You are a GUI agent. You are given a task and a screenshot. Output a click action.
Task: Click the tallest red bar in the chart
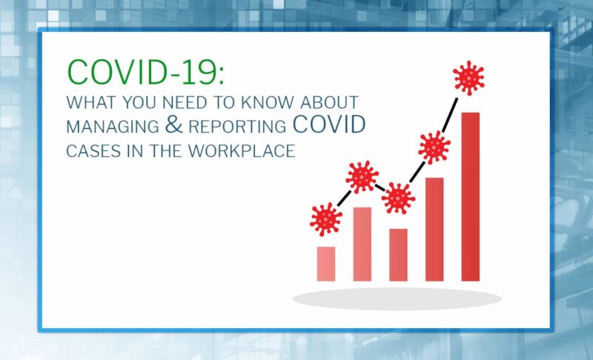coord(471,196)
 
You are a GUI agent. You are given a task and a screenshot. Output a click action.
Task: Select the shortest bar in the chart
coord(326,264)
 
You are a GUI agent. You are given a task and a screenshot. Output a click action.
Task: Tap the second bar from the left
coord(362,244)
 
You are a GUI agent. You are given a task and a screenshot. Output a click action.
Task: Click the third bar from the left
coord(398,255)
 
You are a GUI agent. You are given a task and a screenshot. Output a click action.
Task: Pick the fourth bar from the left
coord(434,229)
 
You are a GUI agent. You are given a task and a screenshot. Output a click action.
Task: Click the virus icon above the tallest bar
coord(468,77)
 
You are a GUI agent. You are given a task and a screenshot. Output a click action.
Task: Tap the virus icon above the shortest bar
coord(326,219)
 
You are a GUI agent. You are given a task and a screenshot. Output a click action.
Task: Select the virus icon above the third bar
coord(399,198)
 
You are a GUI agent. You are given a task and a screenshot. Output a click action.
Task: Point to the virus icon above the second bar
coord(362,177)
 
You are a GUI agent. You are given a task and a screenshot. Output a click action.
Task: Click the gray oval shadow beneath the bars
coord(397,299)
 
